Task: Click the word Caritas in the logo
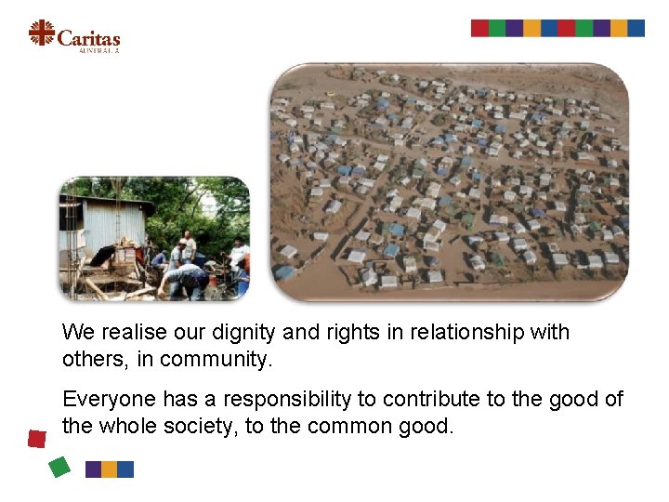88,38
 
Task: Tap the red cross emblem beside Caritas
42,33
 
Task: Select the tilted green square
59,467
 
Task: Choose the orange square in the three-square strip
110,469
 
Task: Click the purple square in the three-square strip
93,469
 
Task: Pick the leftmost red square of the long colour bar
479,28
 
